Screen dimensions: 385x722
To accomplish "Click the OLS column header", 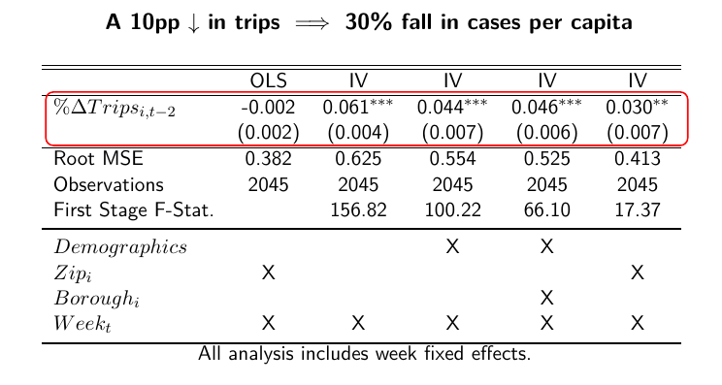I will coord(269,80).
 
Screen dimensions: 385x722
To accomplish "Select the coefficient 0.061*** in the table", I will coord(357,108).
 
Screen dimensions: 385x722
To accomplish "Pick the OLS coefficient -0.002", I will coord(269,108).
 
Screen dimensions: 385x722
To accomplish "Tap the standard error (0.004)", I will coord(358,132).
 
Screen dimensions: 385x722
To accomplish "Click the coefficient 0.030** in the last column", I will coord(637,108).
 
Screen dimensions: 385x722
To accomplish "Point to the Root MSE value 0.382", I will coord(269,159).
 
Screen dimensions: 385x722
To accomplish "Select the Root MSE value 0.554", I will coord(451,159).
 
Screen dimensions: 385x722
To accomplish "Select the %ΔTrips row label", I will coord(114,108).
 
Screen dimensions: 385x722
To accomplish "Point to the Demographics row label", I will coord(120,247).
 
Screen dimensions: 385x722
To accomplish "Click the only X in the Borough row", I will coord(546,298).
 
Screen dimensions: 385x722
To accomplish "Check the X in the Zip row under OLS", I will coord(269,273).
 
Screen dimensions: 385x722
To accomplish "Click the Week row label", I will coord(82,323).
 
